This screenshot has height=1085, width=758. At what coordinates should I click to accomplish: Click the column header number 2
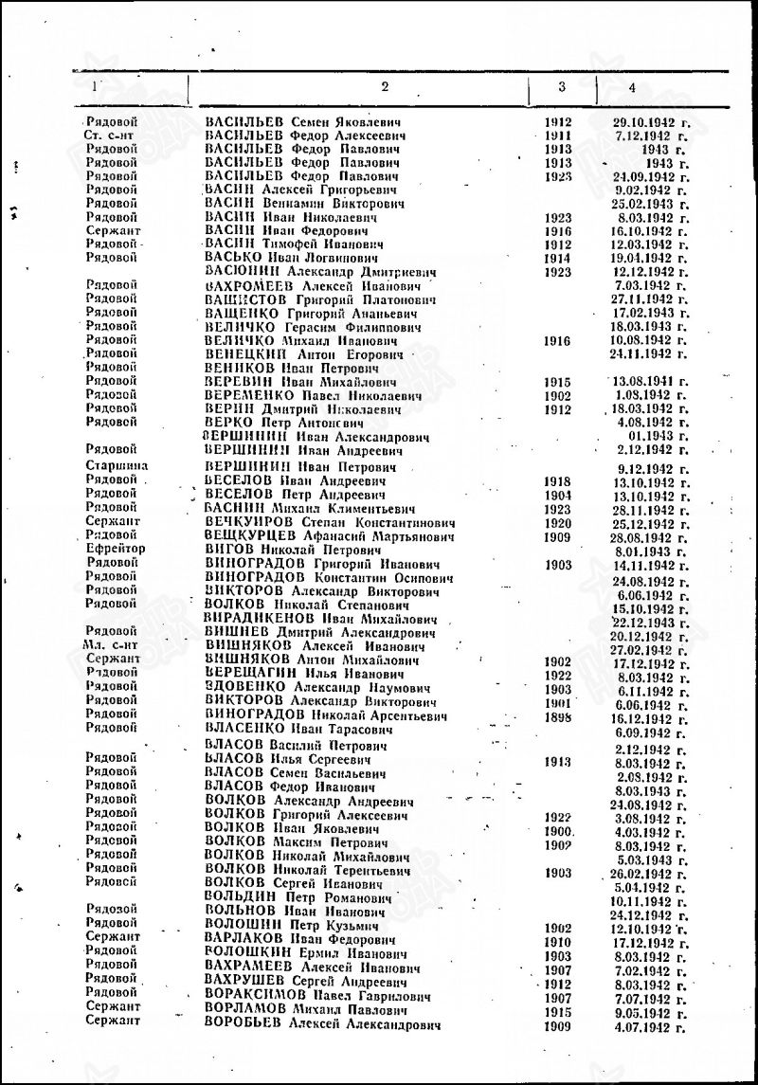[x=385, y=86]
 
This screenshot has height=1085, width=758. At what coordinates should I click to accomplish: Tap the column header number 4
[x=631, y=88]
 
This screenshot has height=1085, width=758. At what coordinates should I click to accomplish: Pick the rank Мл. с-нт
[x=111, y=644]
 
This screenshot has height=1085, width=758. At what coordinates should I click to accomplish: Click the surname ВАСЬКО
[x=232, y=258]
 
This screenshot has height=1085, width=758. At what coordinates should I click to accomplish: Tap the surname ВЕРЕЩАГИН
[x=246, y=673]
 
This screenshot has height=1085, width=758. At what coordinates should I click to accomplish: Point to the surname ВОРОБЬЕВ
[x=244, y=1026]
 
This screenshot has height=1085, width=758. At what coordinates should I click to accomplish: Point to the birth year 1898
[x=559, y=718]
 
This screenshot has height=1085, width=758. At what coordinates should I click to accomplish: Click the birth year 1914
[x=559, y=258]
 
